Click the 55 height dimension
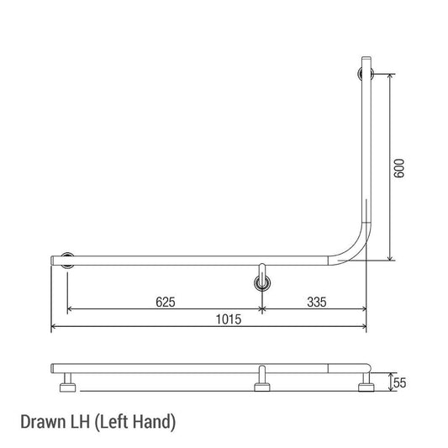click(400, 382)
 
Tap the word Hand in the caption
click(154, 420)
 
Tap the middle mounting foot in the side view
click(263, 387)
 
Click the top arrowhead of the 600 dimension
click(392, 76)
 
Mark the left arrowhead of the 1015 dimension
click(55, 327)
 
